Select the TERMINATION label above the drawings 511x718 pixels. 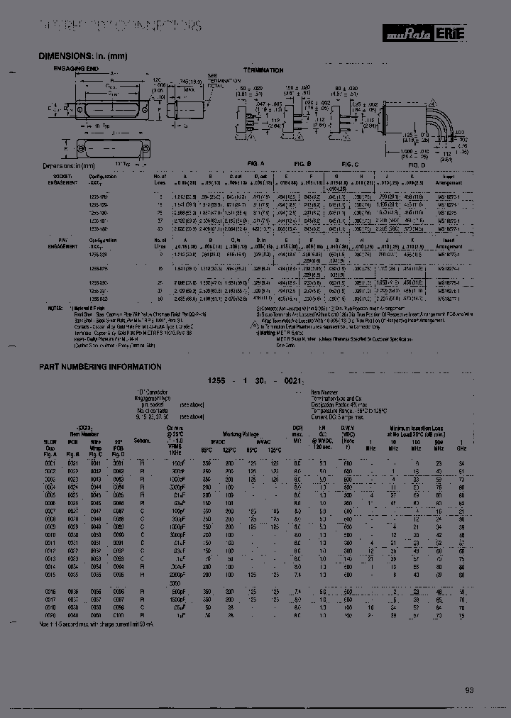[263, 70]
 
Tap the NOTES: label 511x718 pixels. [55, 308]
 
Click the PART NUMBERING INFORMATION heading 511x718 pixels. [100, 367]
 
